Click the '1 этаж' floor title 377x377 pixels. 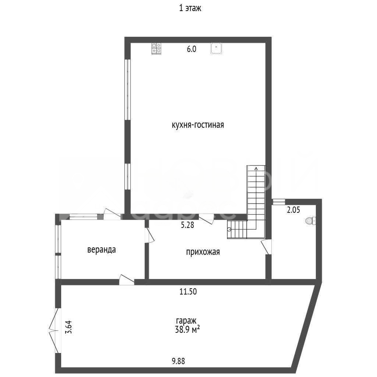pos(190,8)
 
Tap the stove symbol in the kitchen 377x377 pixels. pos(156,49)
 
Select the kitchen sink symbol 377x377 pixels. pos(216,48)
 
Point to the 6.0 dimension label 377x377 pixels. pos(191,49)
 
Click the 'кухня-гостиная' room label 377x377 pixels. pos(198,125)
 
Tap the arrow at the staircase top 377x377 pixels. pos(256,168)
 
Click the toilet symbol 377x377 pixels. pos(311,221)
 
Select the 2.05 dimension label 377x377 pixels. pos(293,210)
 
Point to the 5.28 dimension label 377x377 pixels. pos(187,225)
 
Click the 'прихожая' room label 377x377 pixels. pos(203,252)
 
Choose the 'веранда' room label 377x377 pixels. pos(102,250)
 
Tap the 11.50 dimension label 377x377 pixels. pos(188,292)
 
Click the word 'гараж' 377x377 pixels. pos(186,321)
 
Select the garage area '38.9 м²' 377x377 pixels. pos(187,330)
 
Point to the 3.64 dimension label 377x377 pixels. pos(68,327)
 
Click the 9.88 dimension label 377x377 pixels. pos(179,361)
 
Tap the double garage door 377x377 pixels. pos(54,331)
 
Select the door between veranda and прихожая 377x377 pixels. pos(149,235)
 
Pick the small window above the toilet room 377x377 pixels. pos(278,202)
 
